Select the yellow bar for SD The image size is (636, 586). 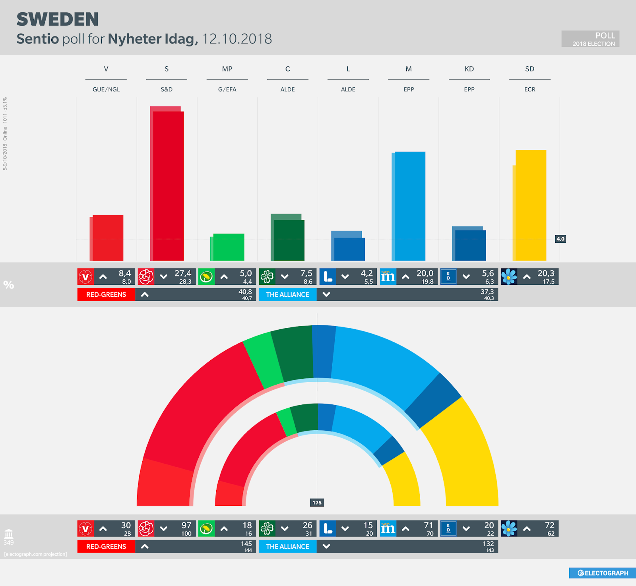tap(531, 205)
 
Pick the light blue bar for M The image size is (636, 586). tap(410, 206)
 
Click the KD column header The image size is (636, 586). tap(469, 69)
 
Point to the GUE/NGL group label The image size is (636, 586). tap(106, 89)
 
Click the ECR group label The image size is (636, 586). tap(529, 89)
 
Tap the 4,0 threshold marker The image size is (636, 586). tap(560, 239)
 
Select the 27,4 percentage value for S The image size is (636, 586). tap(183, 273)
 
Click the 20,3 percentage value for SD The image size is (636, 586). tap(545, 273)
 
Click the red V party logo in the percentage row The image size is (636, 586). tap(85, 277)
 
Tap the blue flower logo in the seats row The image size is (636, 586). tap(509, 529)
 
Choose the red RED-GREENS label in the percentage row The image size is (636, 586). tap(106, 294)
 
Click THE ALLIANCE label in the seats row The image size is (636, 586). tap(287, 546)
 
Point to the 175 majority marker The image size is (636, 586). tap(317, 503)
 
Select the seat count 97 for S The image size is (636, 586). tap(186, 525)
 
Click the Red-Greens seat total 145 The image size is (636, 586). tap(246, 543)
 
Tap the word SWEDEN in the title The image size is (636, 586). tap(58, 19)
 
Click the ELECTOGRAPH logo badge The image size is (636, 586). tap(602, 573)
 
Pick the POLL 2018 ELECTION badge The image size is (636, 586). tap(590, 39)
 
